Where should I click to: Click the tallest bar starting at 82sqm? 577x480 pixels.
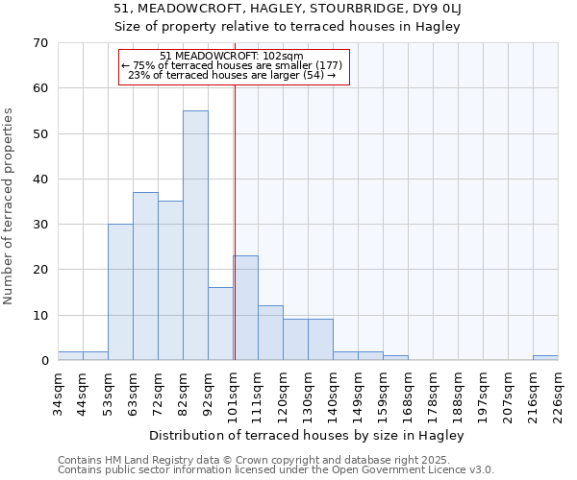(195, 235)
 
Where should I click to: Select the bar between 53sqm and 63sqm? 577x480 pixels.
(120, 292)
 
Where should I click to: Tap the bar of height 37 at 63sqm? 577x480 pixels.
(145, 276)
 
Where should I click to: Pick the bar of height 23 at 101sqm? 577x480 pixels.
(245, 308)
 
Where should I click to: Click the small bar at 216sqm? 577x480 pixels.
(545, 358)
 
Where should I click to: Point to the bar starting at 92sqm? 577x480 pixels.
(220, 324)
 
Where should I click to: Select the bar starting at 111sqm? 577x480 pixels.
(270, 333)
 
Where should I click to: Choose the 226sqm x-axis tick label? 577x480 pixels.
(558, 394)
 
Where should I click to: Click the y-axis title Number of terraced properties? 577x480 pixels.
(10, 206)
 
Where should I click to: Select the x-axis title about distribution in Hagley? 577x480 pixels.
(308, 436)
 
